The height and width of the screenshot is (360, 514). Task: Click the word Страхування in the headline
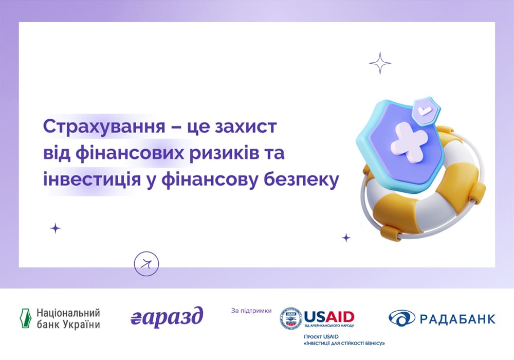tap(104, 127)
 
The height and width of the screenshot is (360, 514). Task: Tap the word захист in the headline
tap(246, 127)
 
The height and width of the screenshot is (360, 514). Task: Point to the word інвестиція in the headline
tap(92, 180)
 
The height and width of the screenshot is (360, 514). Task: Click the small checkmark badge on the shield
tap(426, 111)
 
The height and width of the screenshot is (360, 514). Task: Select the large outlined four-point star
tap(380, 63)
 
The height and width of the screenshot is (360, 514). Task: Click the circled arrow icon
tap(146, 264)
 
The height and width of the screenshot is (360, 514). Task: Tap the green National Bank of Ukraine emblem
tap(26, 318)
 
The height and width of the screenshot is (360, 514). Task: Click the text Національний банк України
tap(68, 318)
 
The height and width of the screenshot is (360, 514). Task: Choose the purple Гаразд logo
tap(167, 317)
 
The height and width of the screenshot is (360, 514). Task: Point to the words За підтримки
tap(251, 311)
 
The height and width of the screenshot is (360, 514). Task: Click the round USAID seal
tap(291, 318)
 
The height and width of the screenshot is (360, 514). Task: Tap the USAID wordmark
tap(329, 317)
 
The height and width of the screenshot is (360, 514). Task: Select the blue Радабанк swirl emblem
tap(401, 318)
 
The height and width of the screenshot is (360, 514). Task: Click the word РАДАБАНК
tap(457, 319)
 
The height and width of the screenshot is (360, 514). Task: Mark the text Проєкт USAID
tap(321, 337)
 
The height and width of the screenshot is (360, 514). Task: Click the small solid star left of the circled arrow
tap(56, 228)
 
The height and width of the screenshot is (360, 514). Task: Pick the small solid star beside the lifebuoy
tap(346, 238)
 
